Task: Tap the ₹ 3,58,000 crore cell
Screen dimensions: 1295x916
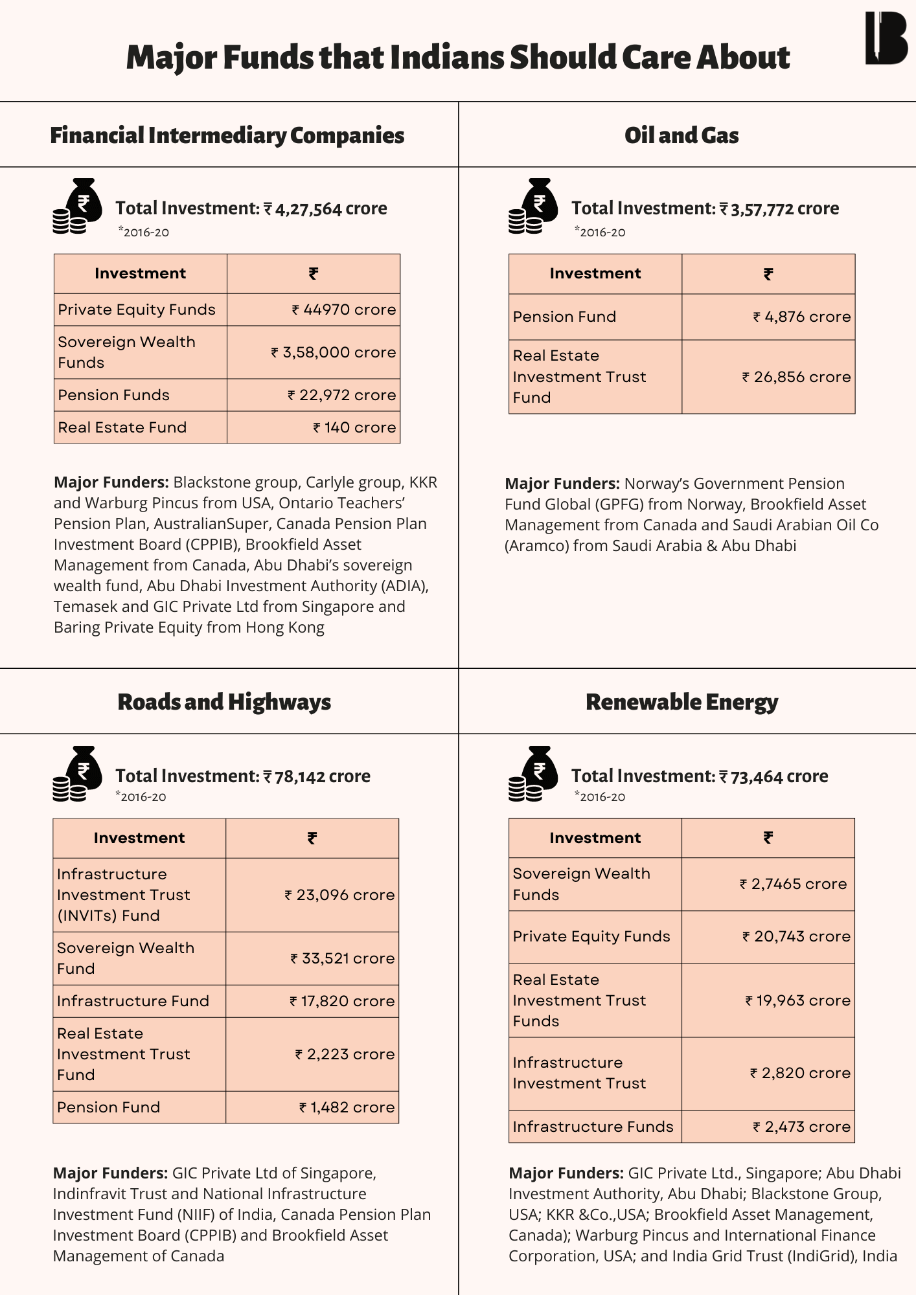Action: (x=333, y=352)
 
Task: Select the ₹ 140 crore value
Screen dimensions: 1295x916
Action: (x=354, y=427)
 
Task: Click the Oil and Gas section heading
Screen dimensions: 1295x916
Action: (x=681, y=135)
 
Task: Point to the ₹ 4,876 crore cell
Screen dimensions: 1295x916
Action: (x=801, y=317)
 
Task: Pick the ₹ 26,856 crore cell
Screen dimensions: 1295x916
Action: (x=796, y=377)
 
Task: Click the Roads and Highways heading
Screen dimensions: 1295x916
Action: (x=224, y=702)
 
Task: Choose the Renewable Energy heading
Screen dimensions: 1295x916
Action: (x=681, y=702)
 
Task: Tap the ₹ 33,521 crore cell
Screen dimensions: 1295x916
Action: (x=342, y=958)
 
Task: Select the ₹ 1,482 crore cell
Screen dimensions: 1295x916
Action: (x=347, y=1107)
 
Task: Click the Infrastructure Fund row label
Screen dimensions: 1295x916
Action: (x=133, y=1001)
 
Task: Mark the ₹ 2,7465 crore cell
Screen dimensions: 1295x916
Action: (x=793, y=884)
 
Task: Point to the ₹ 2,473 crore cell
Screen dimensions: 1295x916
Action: (x=801, y=1127)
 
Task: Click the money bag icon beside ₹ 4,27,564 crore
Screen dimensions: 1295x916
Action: (x=78, y=206)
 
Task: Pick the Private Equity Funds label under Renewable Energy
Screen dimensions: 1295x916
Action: (x=591, y=936)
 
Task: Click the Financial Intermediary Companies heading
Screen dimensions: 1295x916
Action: (x=227, y=135)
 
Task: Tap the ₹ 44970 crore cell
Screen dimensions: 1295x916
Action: (x=343, y=310)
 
